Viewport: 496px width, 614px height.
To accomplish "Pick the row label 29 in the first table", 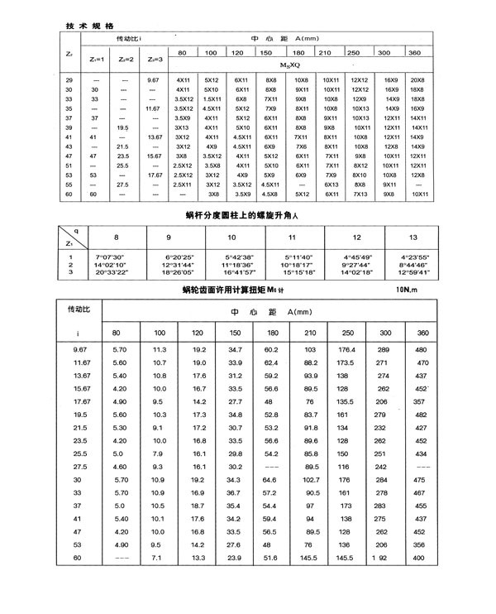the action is pyautogui.click(x=70, y=78).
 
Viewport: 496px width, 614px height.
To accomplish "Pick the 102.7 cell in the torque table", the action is pyautogui.click(x=312, y=480).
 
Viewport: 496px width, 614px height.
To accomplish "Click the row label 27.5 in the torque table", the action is pyautogui.click(x=80, y=467).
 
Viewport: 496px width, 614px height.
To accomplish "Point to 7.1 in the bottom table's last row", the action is pyautogui.click(x=160, y=559).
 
